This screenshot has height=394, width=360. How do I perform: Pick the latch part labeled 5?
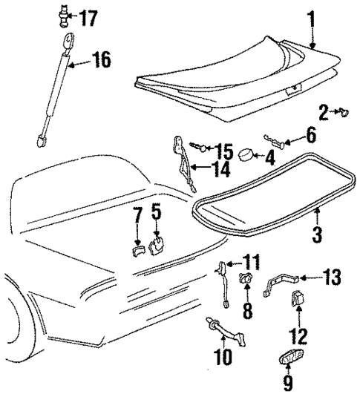click(157, 245)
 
